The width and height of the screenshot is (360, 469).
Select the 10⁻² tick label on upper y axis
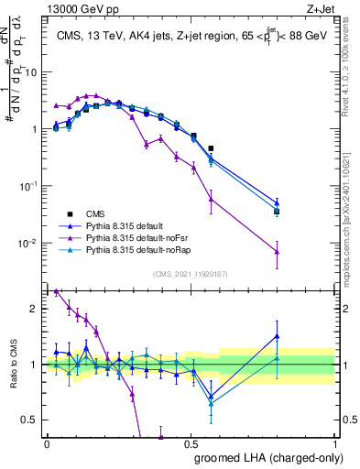coord(31,243)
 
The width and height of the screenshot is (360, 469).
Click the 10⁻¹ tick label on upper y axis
coord(31,186)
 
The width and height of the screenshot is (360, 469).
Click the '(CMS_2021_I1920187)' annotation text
coord(190,274)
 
